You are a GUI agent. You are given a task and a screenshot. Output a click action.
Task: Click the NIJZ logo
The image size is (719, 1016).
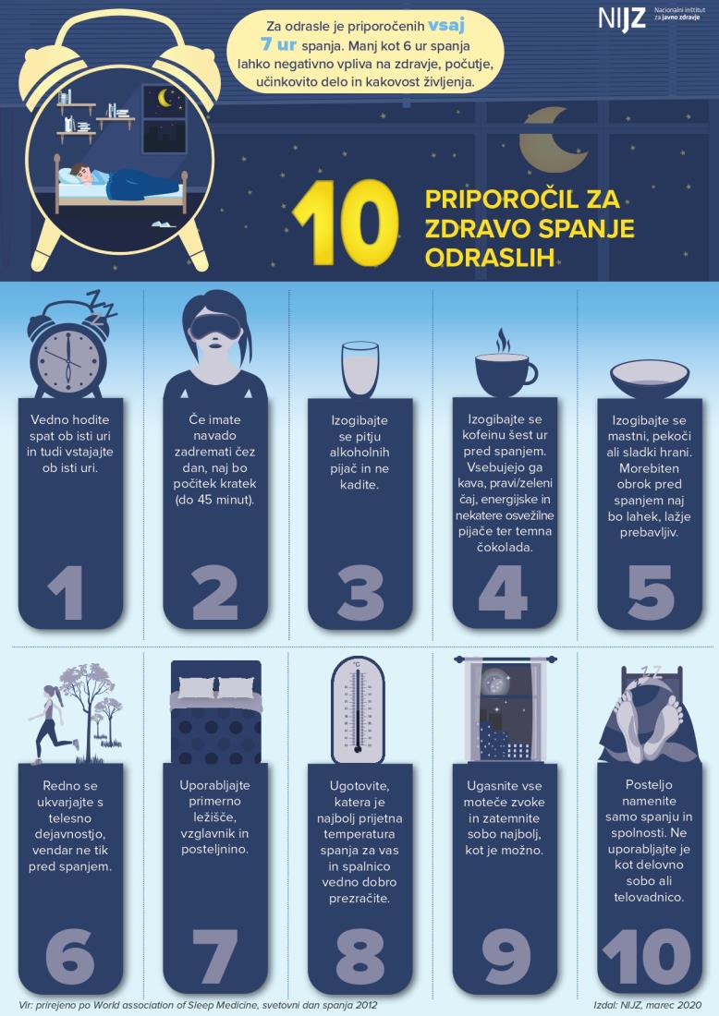tap(643, 18)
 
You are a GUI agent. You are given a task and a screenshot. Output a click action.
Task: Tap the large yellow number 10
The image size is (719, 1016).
tap(345, 223)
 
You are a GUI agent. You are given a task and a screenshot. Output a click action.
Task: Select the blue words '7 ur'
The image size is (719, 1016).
tap(278, 45)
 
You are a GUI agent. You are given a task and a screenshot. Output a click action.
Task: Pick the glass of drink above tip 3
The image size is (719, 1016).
tap(359, 369)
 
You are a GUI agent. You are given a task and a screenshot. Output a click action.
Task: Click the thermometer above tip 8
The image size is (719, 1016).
tap(358, 709)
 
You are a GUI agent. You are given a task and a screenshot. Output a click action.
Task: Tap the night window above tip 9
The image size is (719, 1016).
tap(505, 709)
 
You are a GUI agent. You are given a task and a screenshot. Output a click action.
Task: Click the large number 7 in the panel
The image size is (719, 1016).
tap(214, 956)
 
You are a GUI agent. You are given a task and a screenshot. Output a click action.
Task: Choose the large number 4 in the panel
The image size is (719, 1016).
tap(503, 592)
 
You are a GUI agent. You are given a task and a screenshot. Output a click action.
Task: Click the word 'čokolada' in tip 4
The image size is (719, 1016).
tap(503, 548)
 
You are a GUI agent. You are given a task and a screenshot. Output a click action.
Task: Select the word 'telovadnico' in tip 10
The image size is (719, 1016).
tap(649, 898)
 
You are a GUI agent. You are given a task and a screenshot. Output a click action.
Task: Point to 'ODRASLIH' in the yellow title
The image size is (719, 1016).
tap(490, 258)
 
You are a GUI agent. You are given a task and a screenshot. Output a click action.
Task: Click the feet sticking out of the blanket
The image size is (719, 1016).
tap(649, 725)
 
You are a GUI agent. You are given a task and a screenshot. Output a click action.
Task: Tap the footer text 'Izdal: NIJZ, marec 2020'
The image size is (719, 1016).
tap(647, 1005)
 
